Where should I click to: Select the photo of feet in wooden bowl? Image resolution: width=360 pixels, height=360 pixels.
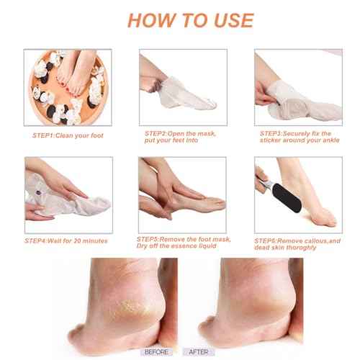point(60,88)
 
